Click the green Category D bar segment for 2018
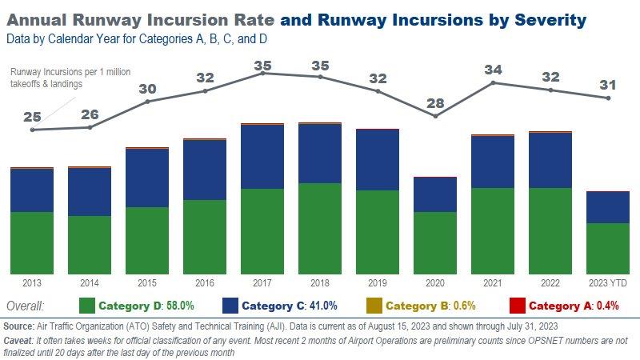tap(320, 228)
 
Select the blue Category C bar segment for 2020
tap(435, 194)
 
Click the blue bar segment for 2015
tap(147, 178)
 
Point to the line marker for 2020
tap(435, 116)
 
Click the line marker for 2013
tap(32, 130)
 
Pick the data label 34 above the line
tap(493, 70)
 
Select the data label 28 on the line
tap(435, 102)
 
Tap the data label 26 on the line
tap(90, 114)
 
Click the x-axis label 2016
tap(205, 283)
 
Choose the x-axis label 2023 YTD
tap(608, 283)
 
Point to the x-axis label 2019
tap(378, 283)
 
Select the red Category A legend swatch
tap(517, 306)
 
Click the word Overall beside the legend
tap(25, 306)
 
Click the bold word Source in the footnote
tap(18, 327)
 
